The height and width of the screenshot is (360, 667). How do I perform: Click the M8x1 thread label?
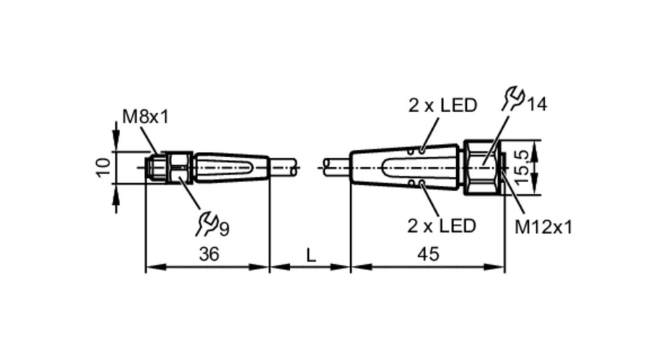tap(145, 117)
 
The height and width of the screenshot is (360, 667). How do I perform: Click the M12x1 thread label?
tap(543, 227)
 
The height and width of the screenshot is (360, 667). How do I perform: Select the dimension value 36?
tap(209, 254)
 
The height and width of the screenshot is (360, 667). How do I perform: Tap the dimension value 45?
tap(428, 254)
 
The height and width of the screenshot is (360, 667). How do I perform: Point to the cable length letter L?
tap(311, 255)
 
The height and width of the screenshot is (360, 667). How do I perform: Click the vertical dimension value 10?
tap(103, 167)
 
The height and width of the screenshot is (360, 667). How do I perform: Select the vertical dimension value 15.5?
tap(524, 167)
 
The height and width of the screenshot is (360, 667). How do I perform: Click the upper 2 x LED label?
tap(443, 105)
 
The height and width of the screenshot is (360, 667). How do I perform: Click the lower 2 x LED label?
tap(442, 226)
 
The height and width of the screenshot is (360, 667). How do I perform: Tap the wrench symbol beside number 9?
tap(207, 224)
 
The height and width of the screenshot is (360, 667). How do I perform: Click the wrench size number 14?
tap(536, 105)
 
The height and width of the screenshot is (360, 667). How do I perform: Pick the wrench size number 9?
tap(225, 229)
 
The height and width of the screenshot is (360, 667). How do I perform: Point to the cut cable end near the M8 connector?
tap(294, 167)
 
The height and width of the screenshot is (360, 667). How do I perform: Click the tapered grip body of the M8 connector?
tap(232, 167)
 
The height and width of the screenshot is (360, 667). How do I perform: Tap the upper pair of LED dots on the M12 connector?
tap(416, 151)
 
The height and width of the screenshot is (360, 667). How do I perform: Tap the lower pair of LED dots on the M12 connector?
tap(416, 183)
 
